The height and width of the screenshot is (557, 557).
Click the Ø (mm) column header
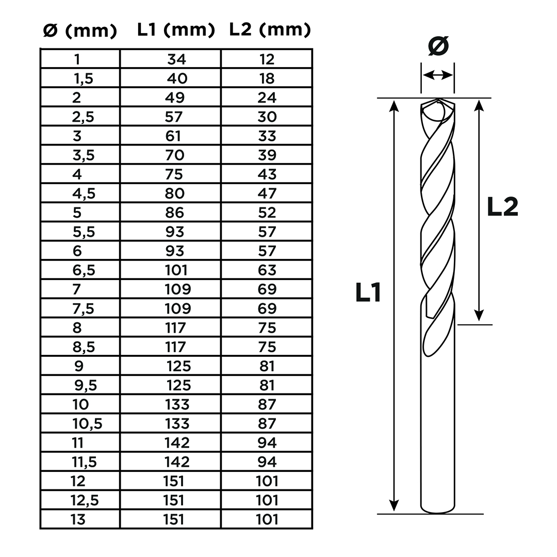[80, 30]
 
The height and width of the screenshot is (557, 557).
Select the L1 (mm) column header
[176, 30]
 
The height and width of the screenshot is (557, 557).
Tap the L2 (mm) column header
[270, 30]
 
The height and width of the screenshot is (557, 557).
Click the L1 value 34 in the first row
[176, 59]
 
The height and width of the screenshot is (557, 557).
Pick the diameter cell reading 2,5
[83, 117]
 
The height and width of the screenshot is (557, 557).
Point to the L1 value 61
[173, 136]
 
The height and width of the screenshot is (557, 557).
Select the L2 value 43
[267, 174]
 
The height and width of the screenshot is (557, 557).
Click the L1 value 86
[175, 213]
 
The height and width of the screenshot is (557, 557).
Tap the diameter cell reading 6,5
[84, 270]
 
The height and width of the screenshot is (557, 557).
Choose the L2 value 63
[267, 270]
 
